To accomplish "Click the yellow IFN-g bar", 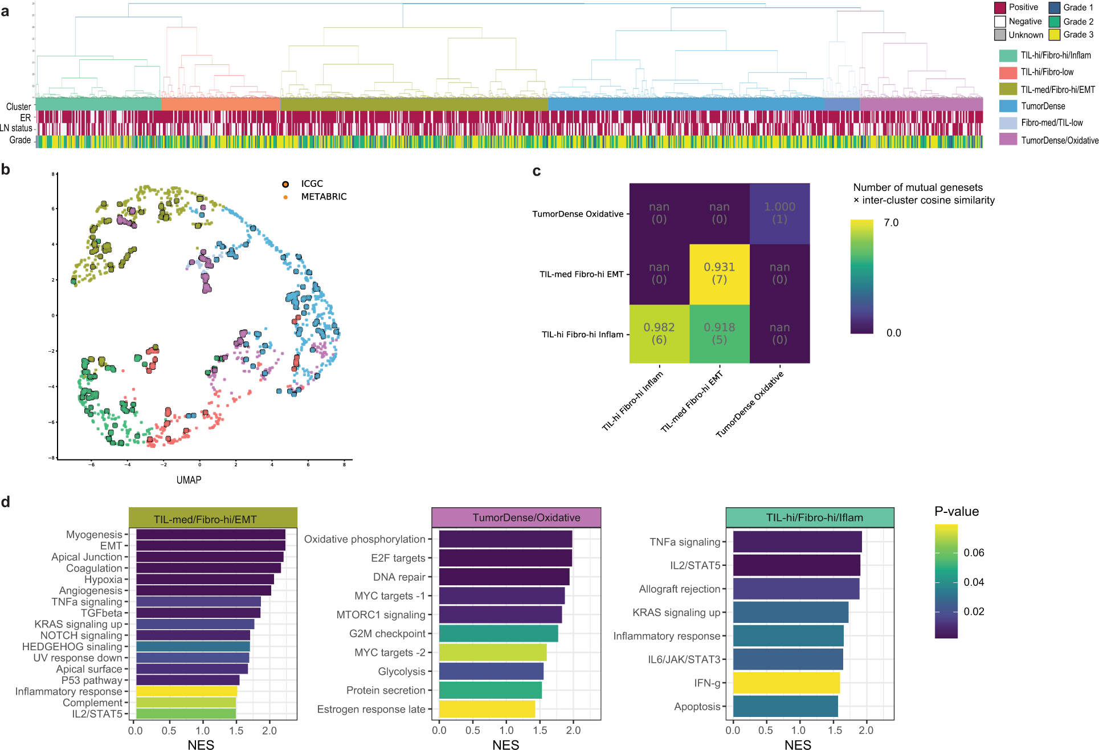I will (786, 683).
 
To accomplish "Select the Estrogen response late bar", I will (487, 709).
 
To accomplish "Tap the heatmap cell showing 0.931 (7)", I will (720, 274).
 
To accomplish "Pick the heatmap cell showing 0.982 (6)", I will (659, 334).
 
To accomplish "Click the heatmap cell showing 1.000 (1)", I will (779, 213).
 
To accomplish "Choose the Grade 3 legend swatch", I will (1055, 35).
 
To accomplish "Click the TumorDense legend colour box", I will (1008, 106).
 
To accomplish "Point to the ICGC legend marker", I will (285, 184).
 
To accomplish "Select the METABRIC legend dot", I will (285, 197).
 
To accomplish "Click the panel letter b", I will (6, 169).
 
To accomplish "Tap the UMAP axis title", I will (189, 480).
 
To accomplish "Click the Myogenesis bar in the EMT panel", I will (210, 535).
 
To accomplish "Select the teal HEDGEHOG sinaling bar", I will (193, 646).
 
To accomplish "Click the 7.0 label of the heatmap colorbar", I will (891, 223).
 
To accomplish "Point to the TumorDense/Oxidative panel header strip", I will (516, 517).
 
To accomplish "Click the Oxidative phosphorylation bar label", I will (365, 539).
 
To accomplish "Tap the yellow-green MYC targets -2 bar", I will (493, 653).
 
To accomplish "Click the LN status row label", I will (16, 128).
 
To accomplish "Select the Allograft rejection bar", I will (796, 589).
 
